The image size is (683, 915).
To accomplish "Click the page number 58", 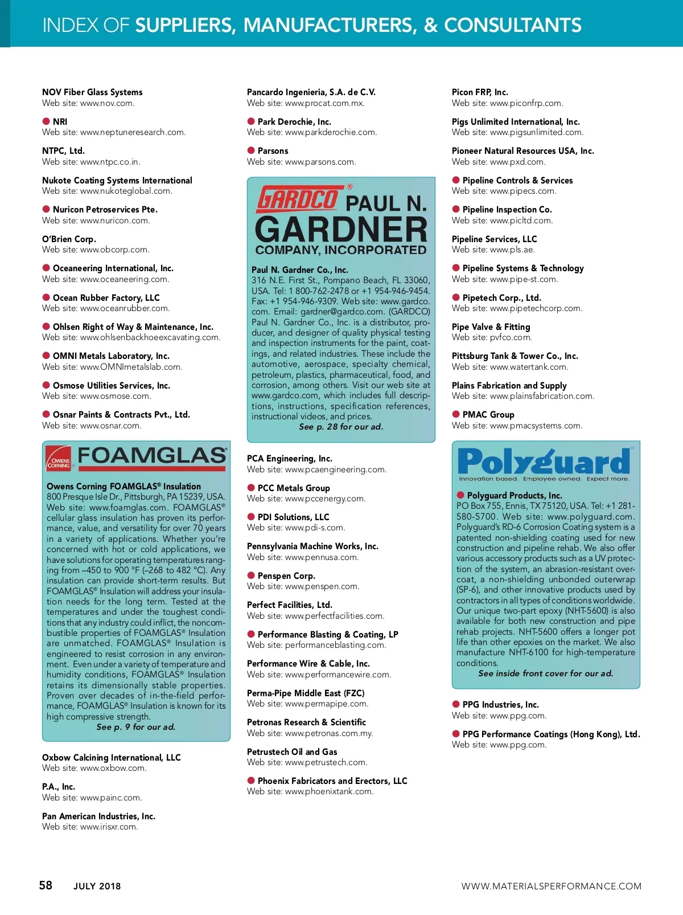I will pos(46,885).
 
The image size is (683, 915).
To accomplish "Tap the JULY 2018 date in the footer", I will pos(97,886).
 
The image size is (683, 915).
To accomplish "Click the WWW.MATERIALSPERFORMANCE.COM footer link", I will pos(551,886).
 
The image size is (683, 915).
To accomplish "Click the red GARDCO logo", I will pos(297,199).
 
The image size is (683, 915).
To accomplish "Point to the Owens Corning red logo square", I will pos(59,459).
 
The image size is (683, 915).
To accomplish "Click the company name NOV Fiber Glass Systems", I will pos(92,92).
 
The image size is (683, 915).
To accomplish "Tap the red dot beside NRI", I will pos(46,121).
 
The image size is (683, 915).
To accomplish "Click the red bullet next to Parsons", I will pos(251,150).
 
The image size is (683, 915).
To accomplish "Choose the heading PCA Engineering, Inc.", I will pos(289,459).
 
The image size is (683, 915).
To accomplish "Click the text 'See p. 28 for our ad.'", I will pos(341,427).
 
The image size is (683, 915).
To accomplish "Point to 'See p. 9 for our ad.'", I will pos(136,727).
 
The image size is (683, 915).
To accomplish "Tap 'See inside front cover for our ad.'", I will pos(545,673).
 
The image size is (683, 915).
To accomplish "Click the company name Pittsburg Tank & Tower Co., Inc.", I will pos(515,356).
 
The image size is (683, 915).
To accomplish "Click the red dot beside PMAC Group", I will pos(456,414).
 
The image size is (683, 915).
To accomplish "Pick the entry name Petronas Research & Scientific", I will pos(306,722).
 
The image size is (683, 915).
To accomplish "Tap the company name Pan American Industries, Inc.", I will pos(98,816).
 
